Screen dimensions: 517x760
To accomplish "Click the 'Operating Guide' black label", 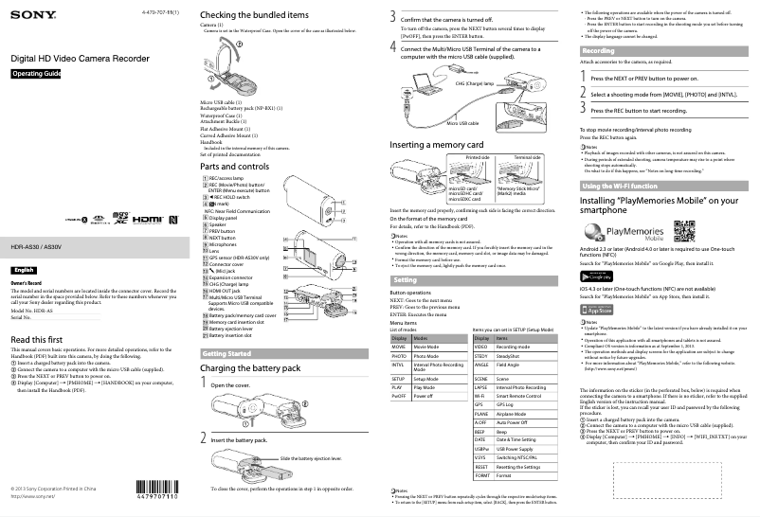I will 36,74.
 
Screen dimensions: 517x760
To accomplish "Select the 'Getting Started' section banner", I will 228,353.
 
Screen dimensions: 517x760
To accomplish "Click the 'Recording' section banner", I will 599,50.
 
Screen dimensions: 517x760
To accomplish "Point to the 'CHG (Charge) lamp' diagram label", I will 474,84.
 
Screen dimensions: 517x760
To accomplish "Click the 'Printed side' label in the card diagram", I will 463,156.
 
